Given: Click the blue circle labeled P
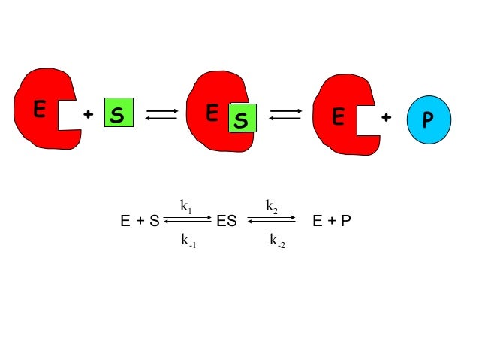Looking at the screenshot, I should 429,119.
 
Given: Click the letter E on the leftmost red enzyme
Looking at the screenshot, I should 39,110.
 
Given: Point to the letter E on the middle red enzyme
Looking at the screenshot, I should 212,112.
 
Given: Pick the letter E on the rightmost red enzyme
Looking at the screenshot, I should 339,117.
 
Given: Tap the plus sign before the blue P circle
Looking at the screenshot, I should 386,117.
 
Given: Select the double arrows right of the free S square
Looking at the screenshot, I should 161,114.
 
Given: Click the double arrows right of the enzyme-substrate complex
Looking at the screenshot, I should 285,114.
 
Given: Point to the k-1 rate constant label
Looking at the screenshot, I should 187,241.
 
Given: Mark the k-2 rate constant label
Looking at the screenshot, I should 276,241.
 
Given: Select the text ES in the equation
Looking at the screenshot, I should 226,222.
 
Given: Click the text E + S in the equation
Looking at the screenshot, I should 140,222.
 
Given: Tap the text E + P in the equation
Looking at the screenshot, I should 332,222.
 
